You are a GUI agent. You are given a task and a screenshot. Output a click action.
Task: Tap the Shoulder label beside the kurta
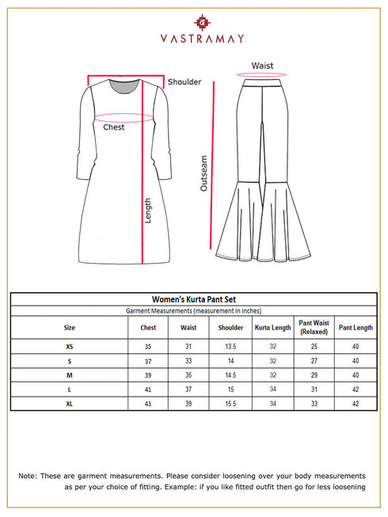coord(184,82)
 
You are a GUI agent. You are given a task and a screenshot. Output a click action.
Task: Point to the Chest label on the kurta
coord(114,127)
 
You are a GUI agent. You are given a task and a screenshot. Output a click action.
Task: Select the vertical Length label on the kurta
coord(147,210)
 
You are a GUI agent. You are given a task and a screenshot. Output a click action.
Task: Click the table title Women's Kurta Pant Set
coord(194,299)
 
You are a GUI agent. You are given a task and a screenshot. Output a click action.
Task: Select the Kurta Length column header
coord(272,327)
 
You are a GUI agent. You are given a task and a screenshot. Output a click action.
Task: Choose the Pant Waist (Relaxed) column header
coord(314,327)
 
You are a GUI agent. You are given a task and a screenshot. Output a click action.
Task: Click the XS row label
coord(69,346)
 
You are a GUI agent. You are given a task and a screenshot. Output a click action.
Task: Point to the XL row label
coord(69,403)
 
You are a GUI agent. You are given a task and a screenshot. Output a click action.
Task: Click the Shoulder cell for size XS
coord(230,346)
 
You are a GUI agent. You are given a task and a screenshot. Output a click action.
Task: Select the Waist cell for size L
coord(188,389)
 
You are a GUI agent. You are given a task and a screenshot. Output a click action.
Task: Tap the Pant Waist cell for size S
coord(314,360)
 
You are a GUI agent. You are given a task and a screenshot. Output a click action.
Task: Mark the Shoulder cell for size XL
coord(230,403)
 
